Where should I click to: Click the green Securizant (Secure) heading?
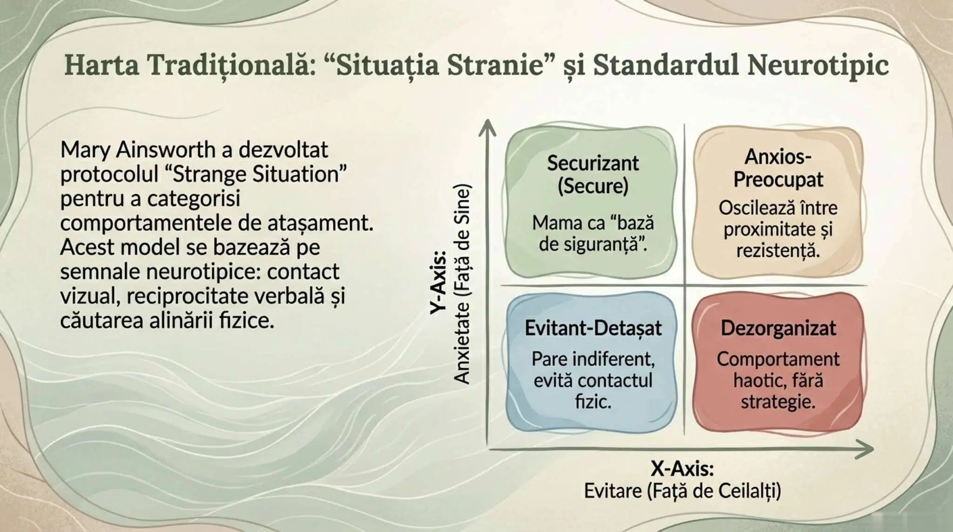click(x=593, y=174)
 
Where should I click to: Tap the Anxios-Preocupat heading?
click(x=778, y=168)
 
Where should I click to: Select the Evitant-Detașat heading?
click(x=593, y=328)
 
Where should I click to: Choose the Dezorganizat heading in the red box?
click(x=778, y=328)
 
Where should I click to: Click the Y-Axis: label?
click(x=438, y=282)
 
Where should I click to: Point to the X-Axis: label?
click(x=682, y=469)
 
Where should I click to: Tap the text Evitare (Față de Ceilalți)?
click(x=682, y=491)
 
